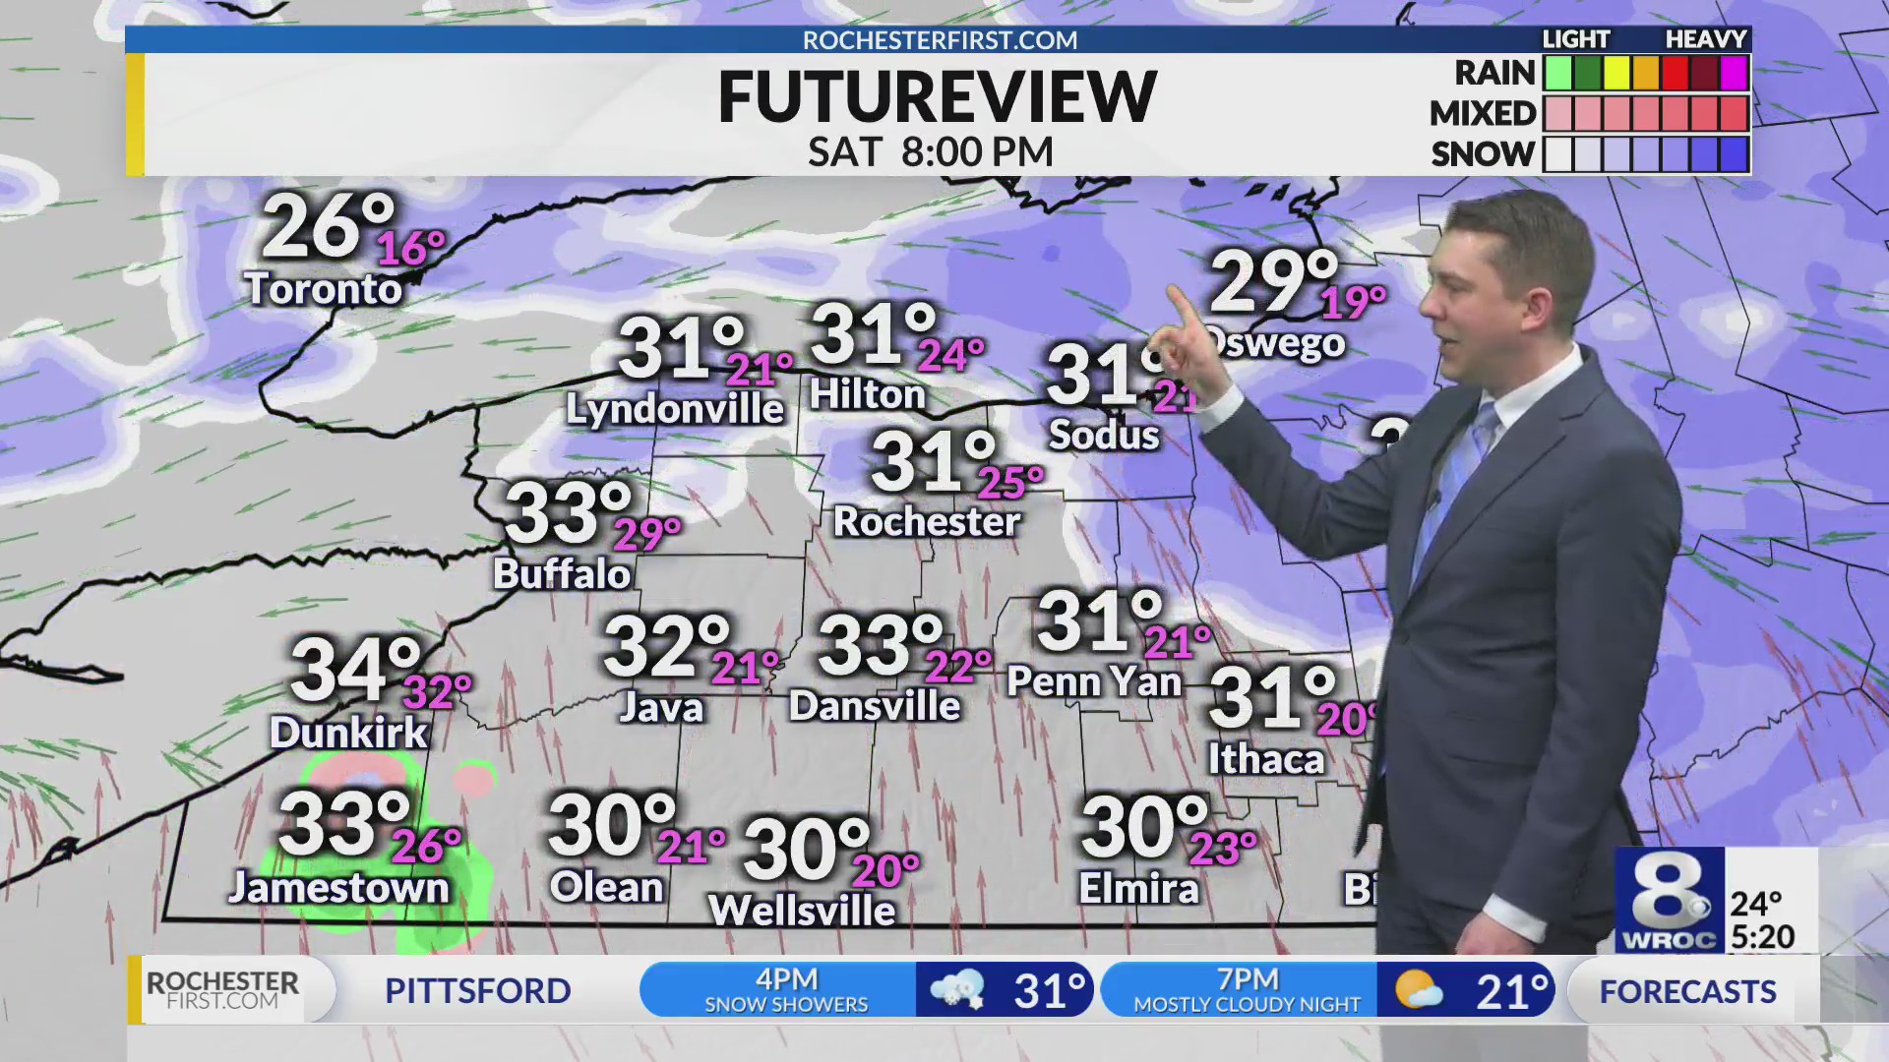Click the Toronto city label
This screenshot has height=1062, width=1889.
(323, 288)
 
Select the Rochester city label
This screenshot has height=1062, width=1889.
(926, 521)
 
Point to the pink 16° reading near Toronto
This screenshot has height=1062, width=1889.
(411, 248)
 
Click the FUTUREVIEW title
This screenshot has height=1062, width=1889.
(937, 97)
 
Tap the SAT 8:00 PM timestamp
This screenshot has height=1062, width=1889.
(930, 152)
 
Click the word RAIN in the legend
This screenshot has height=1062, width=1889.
(1494, 73)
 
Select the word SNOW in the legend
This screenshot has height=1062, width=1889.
(1483, 154)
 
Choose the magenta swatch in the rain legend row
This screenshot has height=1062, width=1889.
(1734, 73)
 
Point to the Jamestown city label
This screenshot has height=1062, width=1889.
(339, 888)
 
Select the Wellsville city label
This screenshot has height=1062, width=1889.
(802, 911)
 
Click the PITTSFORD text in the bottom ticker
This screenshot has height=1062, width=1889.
(477, 990)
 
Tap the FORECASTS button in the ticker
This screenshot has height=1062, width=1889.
(1687, 991)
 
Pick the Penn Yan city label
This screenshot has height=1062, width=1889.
(1094, 681)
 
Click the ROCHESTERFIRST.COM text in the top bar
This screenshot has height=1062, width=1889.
(940, 40)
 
